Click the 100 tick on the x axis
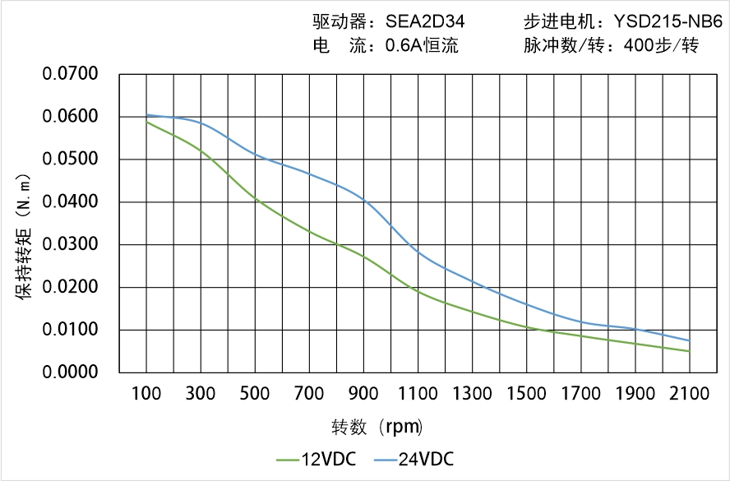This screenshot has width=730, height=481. point(147,394)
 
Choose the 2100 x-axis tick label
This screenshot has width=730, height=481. point(690,394)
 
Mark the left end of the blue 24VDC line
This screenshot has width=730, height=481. point(147,115)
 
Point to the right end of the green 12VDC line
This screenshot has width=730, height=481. point(690,351)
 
